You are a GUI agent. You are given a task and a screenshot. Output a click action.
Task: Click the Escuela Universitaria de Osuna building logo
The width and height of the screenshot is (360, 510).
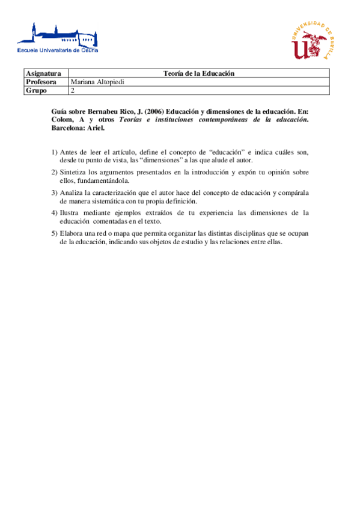tap(58, 38)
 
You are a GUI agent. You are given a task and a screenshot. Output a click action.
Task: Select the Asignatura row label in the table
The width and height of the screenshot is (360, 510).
tap(43, 73)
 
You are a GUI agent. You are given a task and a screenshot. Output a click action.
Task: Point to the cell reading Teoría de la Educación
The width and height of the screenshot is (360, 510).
tap(198, 73)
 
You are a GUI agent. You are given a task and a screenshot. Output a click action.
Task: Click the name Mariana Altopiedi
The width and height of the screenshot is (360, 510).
tap(97, 82)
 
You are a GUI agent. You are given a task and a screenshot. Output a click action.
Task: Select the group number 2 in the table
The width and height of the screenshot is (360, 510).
tap(73, 91)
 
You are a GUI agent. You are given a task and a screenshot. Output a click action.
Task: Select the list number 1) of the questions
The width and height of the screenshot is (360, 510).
tap(55, 152)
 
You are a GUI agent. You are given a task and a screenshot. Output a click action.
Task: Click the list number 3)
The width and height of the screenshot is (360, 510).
tap(55, 192)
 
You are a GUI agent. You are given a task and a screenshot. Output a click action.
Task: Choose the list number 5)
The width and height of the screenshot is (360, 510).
tap(55, 233)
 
